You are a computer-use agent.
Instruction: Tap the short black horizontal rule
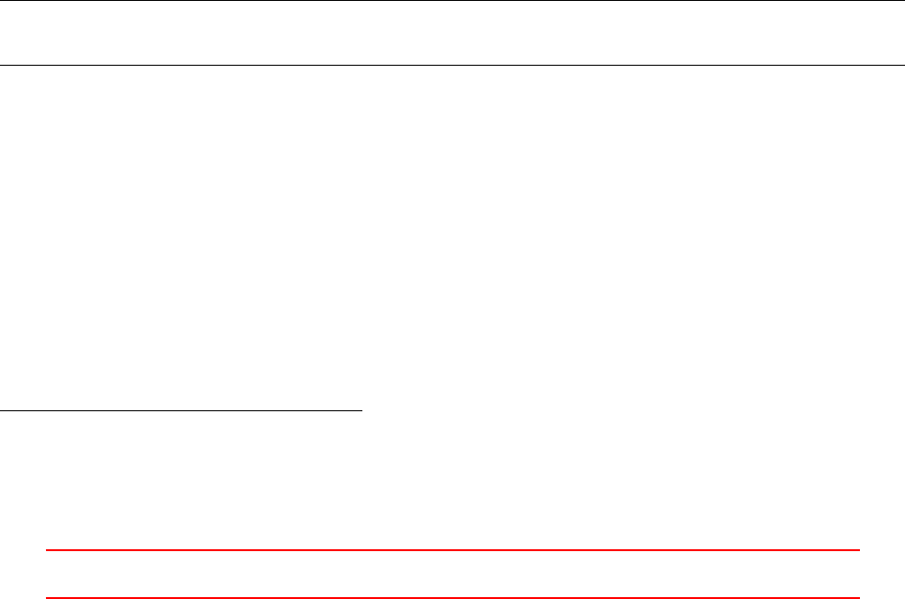coord(181,410)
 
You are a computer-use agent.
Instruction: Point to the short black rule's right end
coord(361,410)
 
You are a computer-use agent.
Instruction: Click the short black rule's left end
coord(1,410)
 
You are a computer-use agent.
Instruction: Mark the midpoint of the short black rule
coord(181,410)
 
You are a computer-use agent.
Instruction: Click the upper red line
coord(452,550)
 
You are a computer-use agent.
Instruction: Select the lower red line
coord(452,597)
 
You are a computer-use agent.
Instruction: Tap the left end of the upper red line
coord(46,550)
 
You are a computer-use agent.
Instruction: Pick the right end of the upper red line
coord(859,550)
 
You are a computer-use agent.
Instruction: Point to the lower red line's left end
coord(46,597)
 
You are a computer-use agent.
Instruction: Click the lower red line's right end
coord(859,597)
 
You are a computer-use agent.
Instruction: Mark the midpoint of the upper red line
coord(452,550)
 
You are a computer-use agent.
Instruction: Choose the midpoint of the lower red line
coord(452,597)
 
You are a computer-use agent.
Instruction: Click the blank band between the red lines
coord(452,574)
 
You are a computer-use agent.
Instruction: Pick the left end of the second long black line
coord(1,65)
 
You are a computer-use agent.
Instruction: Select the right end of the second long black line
coord(903,65)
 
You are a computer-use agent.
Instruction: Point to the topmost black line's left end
coord(1,1)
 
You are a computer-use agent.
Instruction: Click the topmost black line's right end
coord(903,1)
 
